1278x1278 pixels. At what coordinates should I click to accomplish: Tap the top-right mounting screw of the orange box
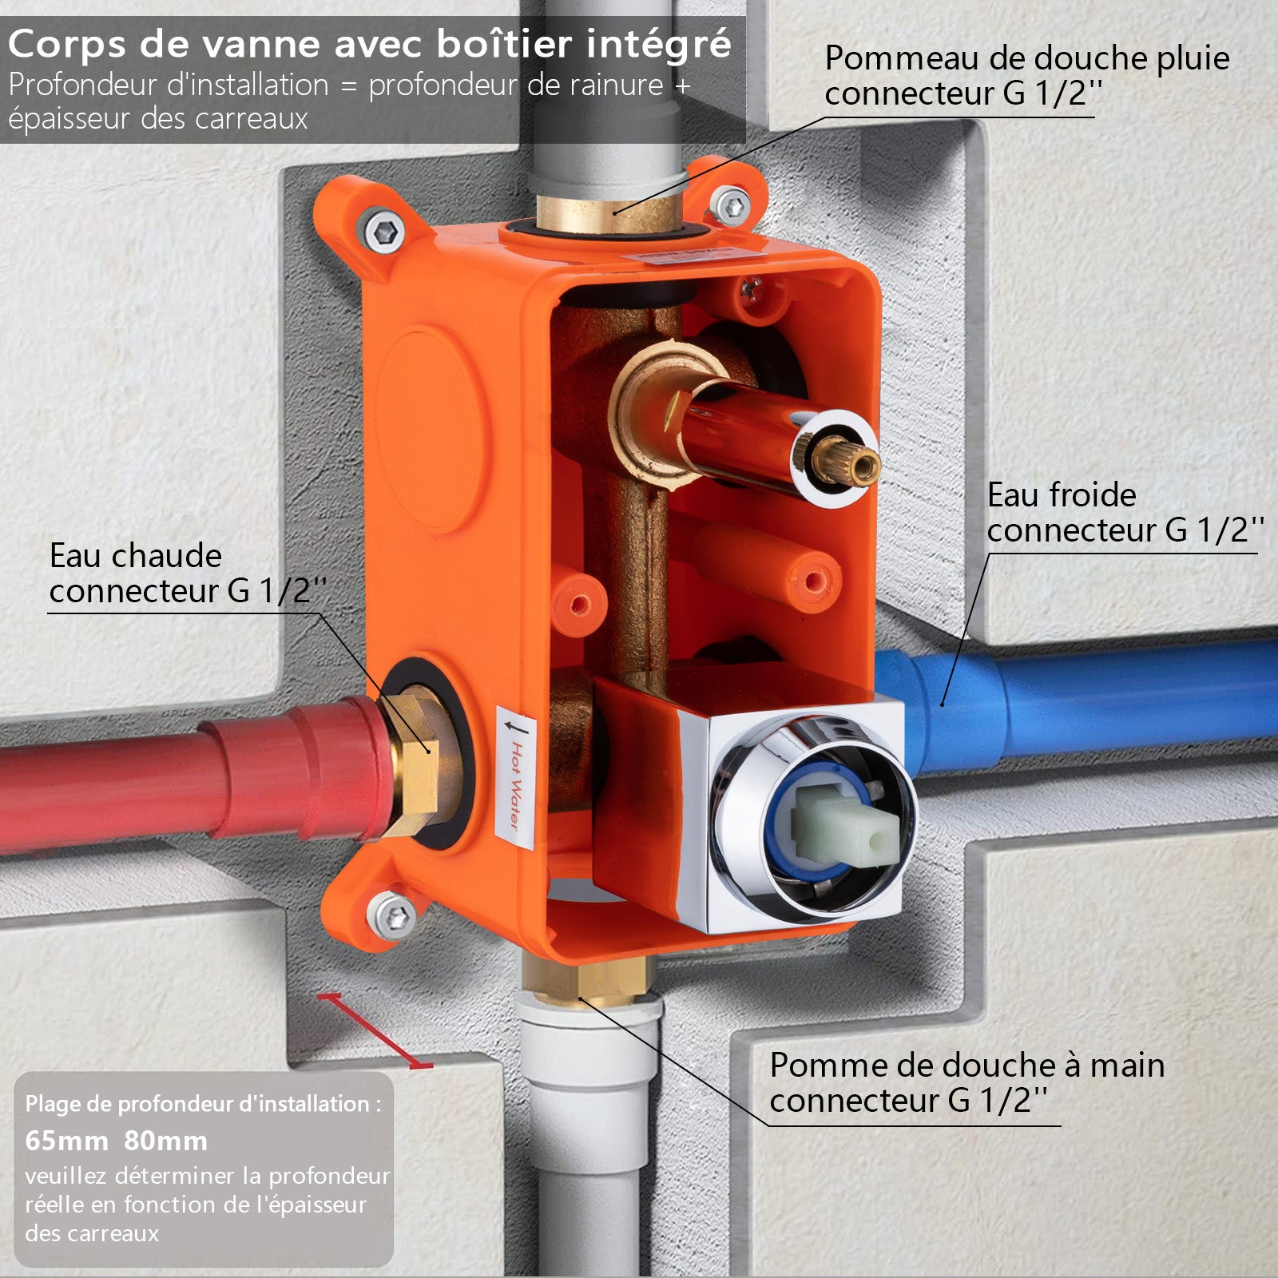[731, 206]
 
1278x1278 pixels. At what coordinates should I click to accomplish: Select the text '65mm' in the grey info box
[66, 1141]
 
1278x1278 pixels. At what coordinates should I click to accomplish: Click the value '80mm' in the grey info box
[165, 1141]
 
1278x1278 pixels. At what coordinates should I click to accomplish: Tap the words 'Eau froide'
[1062, 495]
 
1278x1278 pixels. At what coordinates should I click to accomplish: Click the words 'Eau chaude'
[136, 556]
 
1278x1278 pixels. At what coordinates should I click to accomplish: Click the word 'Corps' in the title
[67, 46]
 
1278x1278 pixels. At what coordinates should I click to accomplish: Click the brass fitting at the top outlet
[609, 212]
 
